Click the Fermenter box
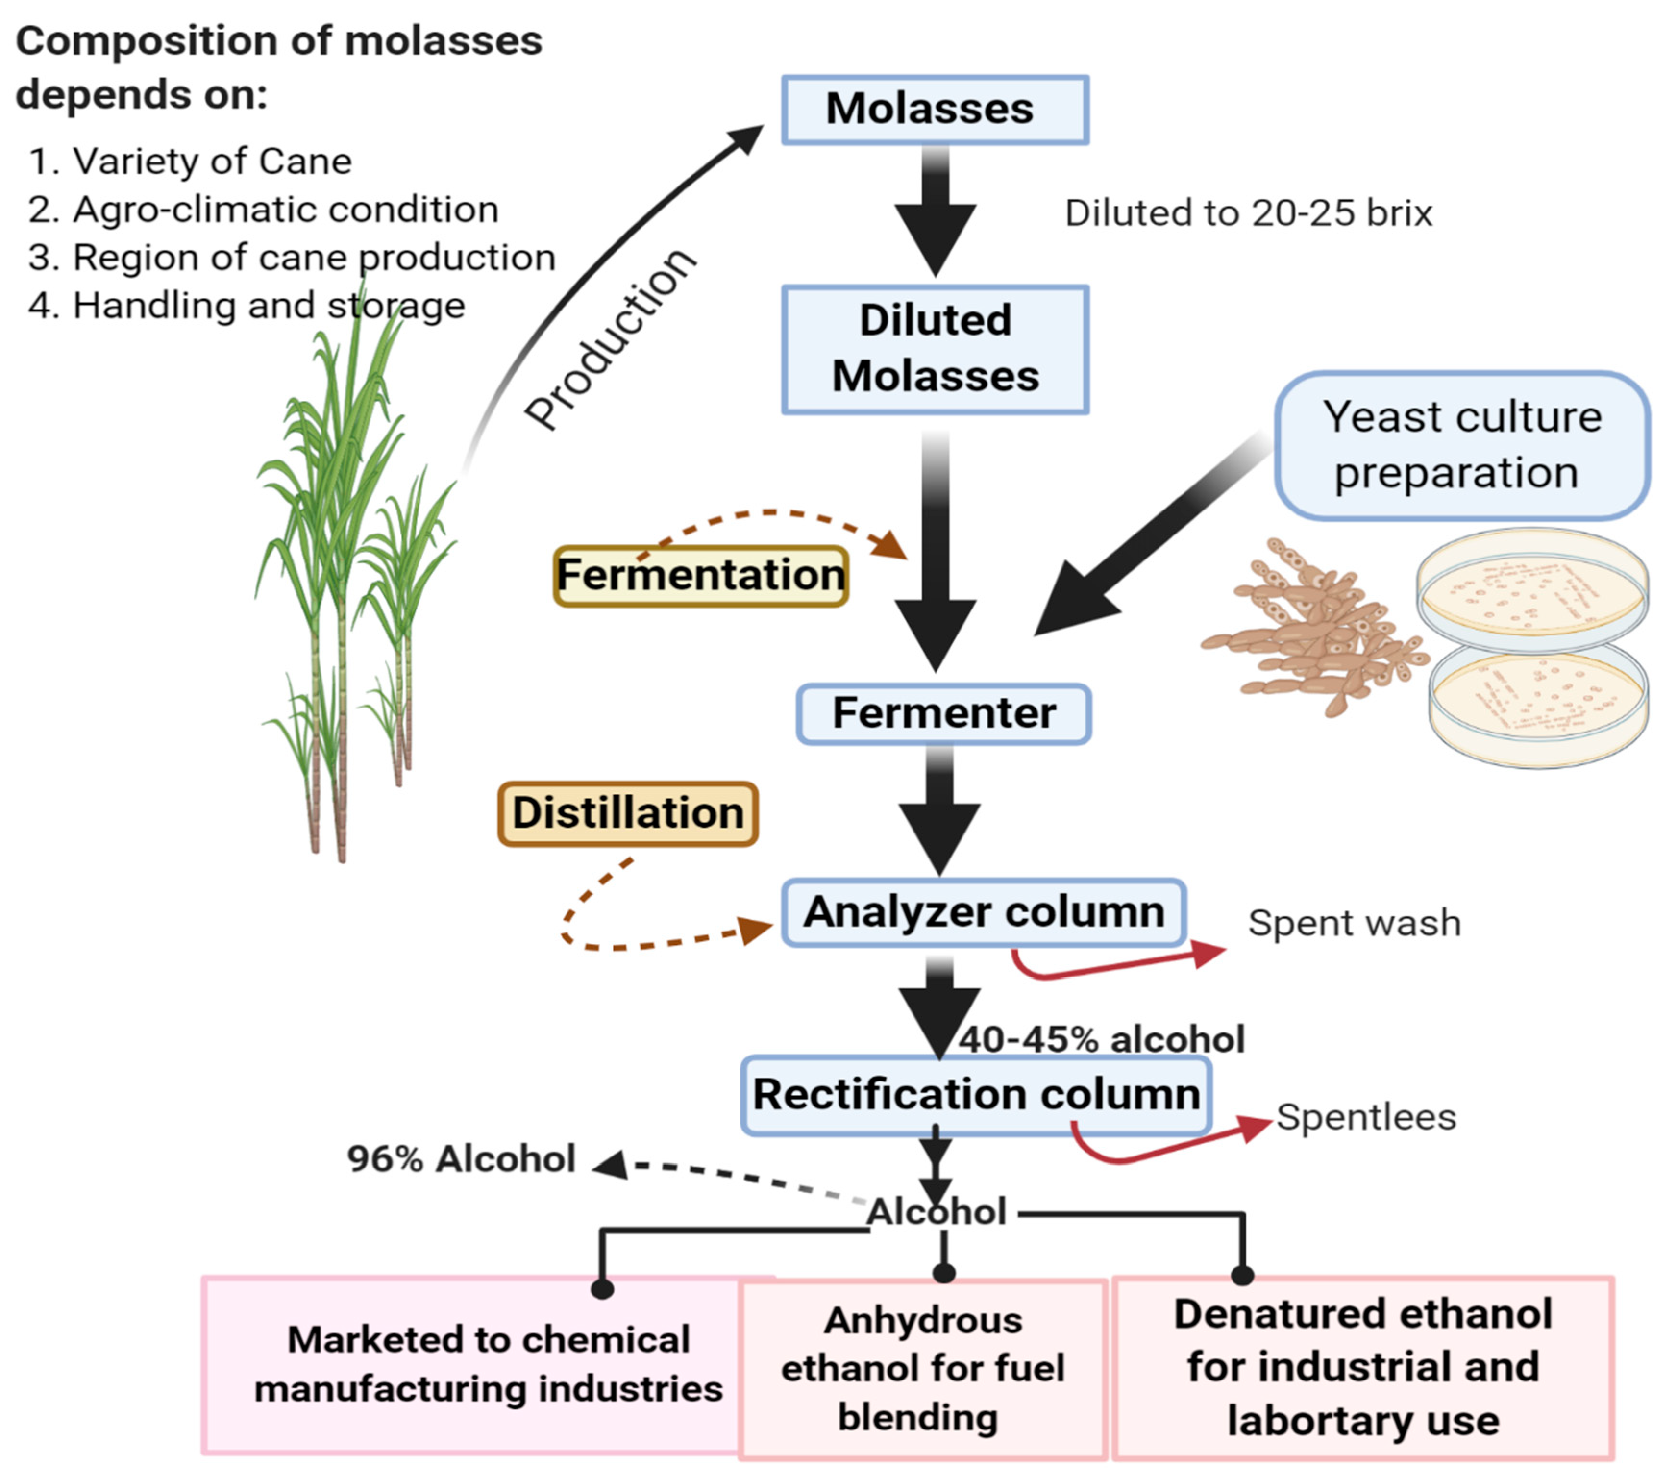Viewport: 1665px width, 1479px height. (943, 713)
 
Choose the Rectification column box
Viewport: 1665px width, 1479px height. (976, 1094)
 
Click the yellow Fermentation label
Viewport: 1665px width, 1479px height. (701, 575)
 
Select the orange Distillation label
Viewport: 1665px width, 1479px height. (628, 813)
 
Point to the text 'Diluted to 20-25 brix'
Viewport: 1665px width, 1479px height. (1248, 213)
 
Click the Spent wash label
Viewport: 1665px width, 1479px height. (1354, 923)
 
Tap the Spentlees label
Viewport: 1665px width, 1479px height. (1365, 1117)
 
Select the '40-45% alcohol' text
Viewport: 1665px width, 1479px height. (1101, 1040)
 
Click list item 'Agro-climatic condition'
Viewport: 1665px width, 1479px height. (285, 210)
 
